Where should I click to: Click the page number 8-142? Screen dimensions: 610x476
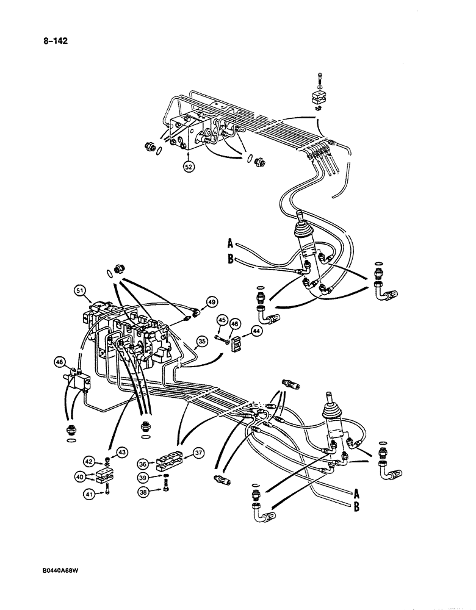coord(53,41)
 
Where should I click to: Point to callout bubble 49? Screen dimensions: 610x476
coord(211,301)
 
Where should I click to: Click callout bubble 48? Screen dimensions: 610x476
coord(60,362)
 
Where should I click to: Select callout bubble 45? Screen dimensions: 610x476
coord(222,320)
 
